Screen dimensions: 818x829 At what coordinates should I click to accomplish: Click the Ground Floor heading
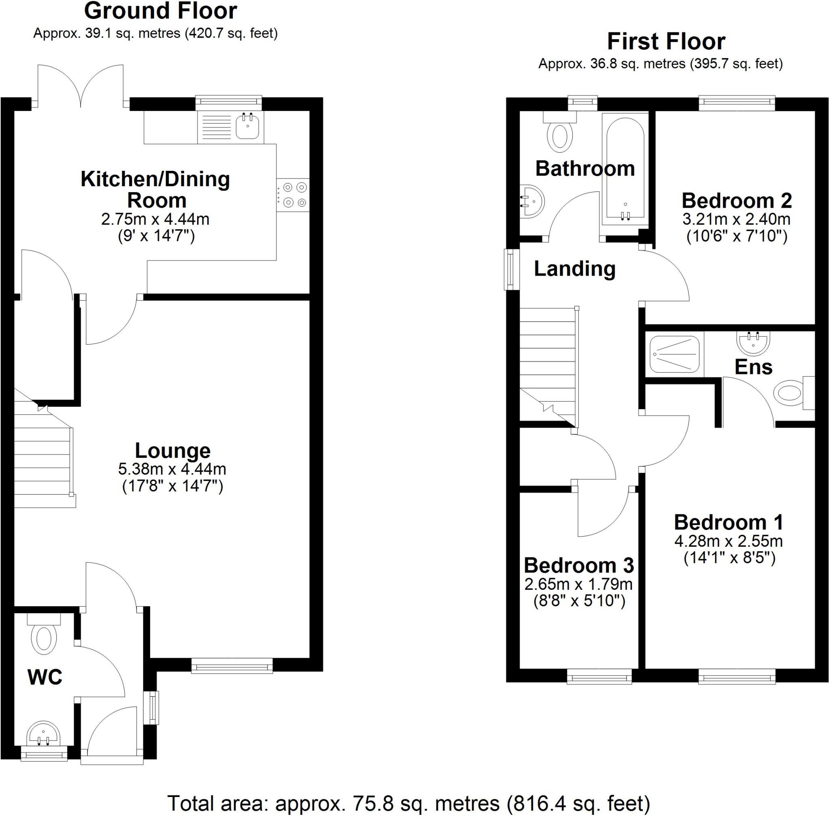[x=160, y=11]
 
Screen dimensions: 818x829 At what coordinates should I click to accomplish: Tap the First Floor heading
[x=666, y=42]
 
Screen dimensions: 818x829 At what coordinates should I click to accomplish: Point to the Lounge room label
[x=172, y=450]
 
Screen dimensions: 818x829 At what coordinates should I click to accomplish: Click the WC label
[x=45, y=677]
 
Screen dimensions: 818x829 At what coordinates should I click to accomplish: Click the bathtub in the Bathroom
[x=625, y=170]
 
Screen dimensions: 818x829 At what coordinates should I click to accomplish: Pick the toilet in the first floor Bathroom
[x=560, y=133]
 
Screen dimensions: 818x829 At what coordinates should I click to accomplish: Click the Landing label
[x=574, y=269]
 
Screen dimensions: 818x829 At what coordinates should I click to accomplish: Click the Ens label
[x=753, y=367]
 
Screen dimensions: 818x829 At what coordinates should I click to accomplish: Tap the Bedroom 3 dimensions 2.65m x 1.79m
[x=578, y=584]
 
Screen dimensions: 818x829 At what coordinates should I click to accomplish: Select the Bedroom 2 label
[x=736, y=201]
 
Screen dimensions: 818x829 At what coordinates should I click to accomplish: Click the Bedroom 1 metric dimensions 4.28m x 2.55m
[x=729, y=541]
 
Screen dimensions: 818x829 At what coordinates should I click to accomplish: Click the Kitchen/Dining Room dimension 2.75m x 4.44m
[x=155, y=219]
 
